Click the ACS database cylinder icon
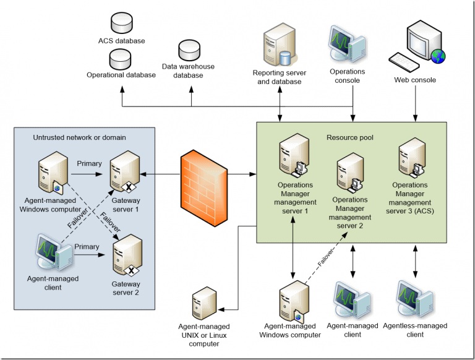(x=121, y=23)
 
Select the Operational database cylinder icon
(x=121, y=59)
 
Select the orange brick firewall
(x=202, y=176)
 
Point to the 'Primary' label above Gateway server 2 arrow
(x=87, y=247)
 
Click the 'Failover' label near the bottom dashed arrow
(x=326, y=257)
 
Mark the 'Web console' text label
(x=415, y=80)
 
